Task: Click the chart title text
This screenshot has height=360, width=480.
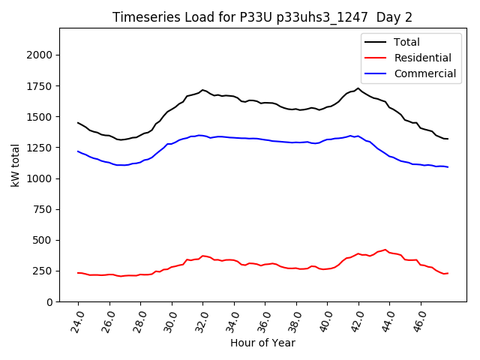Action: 262,17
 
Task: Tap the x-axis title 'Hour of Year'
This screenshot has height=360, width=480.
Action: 262,343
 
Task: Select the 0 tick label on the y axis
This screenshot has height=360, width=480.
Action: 49,301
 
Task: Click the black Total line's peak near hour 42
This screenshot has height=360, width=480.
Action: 358,88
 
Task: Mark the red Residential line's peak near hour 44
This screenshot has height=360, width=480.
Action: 385,250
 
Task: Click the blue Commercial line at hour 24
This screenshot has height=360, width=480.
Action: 78,151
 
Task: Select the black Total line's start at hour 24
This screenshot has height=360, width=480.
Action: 78,123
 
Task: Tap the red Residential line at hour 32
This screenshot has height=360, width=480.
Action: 202,256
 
